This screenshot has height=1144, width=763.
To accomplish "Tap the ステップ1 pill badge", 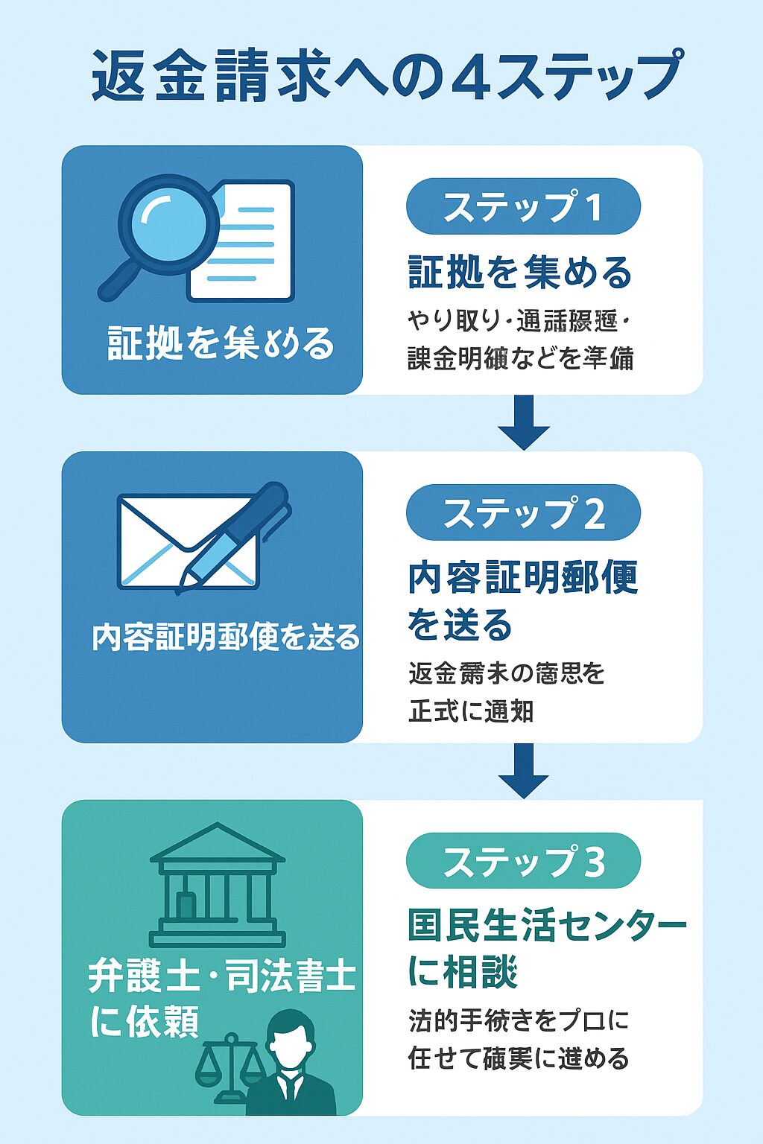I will (523, 206).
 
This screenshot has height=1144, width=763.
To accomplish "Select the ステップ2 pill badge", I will (523, 512).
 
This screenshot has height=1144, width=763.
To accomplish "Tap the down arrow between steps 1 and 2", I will (524, 422).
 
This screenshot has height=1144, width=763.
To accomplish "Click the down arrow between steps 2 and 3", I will (524, 771).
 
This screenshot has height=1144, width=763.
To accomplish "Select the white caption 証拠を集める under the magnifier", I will (221, 343).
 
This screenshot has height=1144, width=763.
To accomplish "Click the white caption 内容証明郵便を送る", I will (226, 638).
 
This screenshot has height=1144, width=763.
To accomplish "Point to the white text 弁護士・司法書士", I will (222, 976).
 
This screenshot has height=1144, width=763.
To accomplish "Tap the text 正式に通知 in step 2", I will (471, 711).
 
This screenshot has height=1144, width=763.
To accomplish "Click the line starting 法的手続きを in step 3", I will (519, 1020).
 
